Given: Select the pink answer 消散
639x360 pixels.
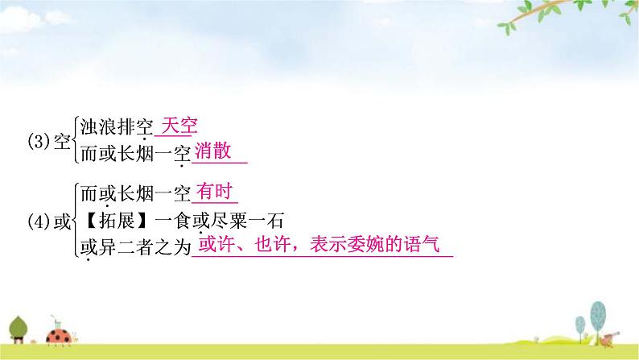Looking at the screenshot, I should click(213, 151).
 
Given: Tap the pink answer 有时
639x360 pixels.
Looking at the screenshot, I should click(213, 192).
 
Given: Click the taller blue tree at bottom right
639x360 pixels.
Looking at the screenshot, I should click(597, 315).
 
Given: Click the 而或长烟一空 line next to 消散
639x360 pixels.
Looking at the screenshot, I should click(133, 152).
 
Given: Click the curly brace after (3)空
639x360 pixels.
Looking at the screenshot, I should click(73, 140).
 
